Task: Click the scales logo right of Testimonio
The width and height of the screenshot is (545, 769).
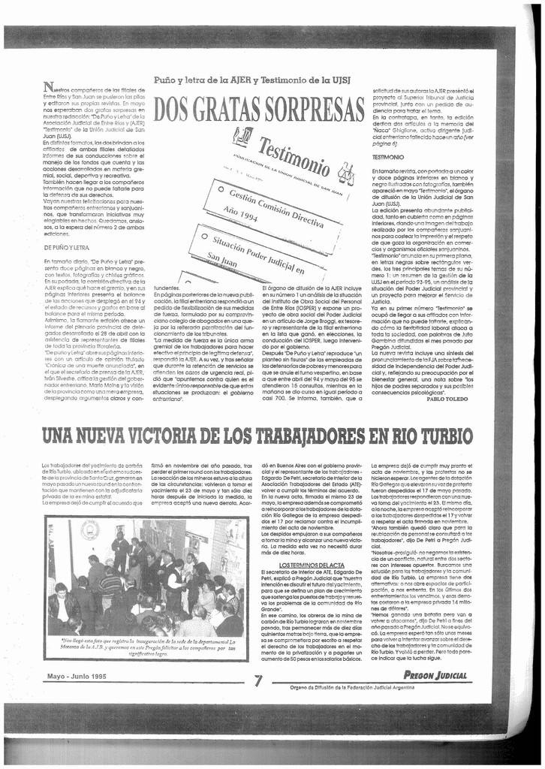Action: [345, 174]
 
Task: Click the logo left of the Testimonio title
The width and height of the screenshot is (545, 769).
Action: [242, 135]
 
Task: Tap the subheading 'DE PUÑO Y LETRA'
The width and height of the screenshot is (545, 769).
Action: [66, 247]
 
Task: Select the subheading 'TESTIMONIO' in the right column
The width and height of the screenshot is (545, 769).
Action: [389, 157]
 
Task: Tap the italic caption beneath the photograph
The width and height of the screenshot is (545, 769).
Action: [147, 647]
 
